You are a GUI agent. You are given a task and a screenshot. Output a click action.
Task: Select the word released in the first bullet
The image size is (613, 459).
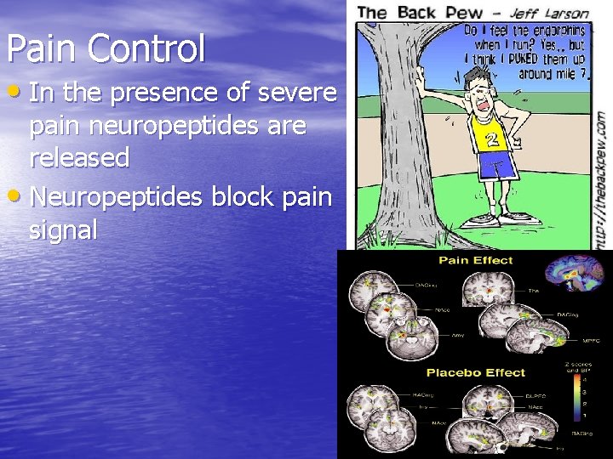79,158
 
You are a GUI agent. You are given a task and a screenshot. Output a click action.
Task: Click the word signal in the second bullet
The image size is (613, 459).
63,229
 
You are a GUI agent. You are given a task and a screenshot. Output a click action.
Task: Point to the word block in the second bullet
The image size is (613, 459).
233,197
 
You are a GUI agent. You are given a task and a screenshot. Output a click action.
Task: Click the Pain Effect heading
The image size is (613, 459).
476,259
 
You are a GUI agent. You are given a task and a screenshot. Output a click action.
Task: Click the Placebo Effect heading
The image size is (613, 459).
476,372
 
